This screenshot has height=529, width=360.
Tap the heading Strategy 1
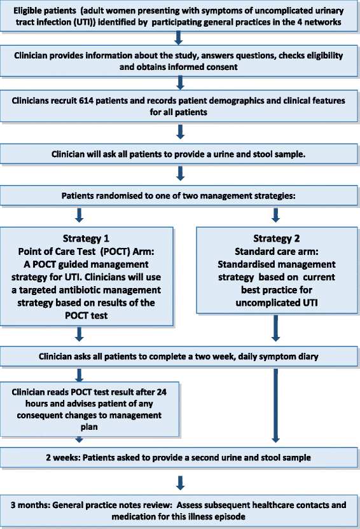tap(86, 238)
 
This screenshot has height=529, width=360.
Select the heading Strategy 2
tap(276, 238)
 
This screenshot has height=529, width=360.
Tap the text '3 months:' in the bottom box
tap(31, 505)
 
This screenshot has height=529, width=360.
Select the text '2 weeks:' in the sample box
tap(63, 458)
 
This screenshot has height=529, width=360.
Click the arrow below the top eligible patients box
tap(179, 38)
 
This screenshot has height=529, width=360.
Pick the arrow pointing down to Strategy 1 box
tap(80, 215)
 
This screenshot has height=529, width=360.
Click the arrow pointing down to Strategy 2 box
tap(275, 215)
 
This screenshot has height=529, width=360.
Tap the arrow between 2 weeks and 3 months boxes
tap(181, 483)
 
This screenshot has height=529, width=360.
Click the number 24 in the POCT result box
tap(162, 392)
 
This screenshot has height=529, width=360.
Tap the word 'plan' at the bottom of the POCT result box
tap(89, 427)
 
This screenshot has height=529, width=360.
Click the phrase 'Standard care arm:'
tap(276, 251)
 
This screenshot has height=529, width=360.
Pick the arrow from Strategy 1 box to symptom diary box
tap(80, 334)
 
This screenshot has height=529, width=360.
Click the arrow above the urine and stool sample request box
tap(181, 132)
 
